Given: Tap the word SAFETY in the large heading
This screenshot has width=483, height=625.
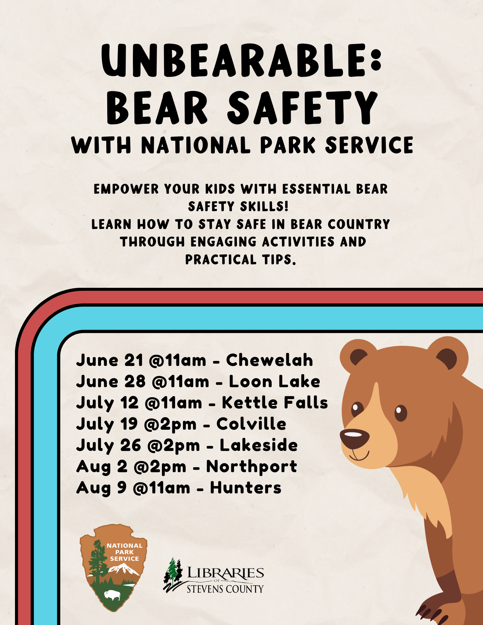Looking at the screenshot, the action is click(x=302, y=107).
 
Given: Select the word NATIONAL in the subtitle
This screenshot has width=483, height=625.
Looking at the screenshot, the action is click(x=196, y=145).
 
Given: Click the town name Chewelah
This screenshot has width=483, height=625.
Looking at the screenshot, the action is click(x=269, y=360).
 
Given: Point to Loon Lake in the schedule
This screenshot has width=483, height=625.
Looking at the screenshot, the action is click(x=274, y=381).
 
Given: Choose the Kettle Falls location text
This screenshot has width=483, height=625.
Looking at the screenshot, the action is click(x=275, y=402).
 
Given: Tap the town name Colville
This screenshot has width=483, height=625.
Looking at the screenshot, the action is click(x=251, y=424).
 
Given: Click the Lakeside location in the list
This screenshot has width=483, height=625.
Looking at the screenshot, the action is click(x=259, y=445).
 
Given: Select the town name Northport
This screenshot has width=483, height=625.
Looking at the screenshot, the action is click(x=252, y=467).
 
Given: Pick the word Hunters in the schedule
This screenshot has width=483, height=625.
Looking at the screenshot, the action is click(x=246, y=487).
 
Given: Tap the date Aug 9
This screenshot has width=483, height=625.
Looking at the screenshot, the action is click(x=101, y=488).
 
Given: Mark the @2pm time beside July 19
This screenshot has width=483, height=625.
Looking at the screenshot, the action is click(x=170, y=424).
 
